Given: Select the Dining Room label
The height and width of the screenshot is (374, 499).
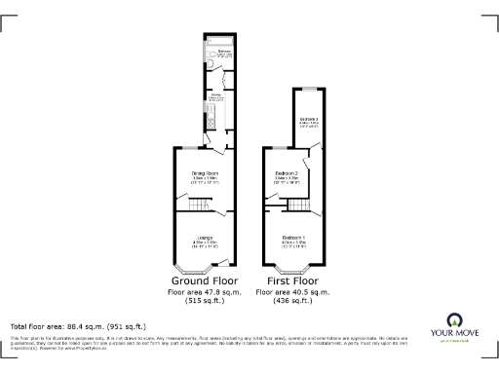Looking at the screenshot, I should tap(204, 176).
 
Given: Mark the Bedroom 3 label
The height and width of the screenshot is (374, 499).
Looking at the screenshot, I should tap(309, 121).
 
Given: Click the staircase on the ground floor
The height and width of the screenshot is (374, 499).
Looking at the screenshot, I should tap(199, 205).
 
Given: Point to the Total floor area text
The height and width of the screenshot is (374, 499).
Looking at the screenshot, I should tap(78, 326).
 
